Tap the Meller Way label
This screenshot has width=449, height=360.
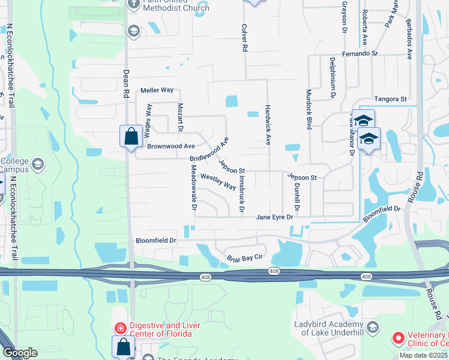pos(157,90)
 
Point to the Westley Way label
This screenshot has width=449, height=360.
pos(218,181)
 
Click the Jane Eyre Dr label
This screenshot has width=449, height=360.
pos(275,217)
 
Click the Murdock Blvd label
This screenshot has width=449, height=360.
pos(309,110)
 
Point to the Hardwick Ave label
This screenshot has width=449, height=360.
pos(268,126)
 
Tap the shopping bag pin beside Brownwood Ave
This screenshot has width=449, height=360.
pos(130,136)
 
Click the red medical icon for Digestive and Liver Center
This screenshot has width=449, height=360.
pos(120,328)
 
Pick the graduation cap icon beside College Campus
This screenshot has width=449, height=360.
pos(38,164)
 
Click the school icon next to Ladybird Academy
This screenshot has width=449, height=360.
pos(373,327)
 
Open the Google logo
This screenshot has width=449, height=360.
pos(20,353)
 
